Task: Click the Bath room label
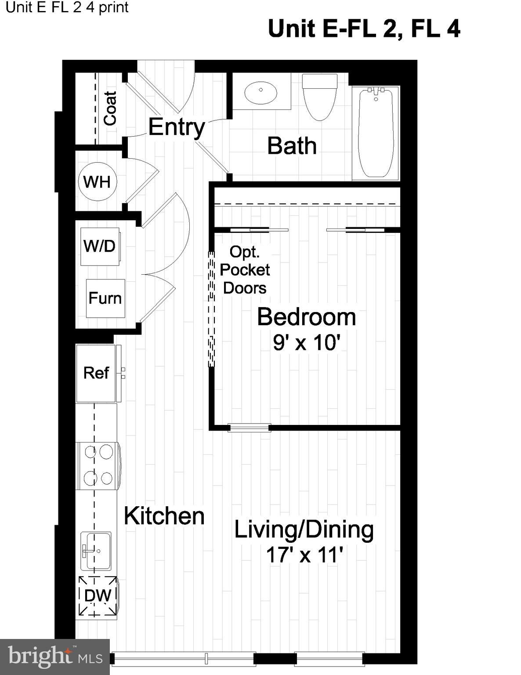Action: coord(292,145)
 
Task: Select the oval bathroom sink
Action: coord(261,92)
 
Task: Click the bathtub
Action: coord(376,133)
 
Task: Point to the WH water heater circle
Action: coord(97,181)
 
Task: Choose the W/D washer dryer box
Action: coord(100,247)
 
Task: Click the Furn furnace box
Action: coord(105,298)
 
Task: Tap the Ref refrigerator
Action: coord(98,373)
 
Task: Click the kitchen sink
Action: coord(96,552)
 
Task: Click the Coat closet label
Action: coord(110,109)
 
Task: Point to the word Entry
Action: coord(177,127)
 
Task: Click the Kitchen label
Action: coord(164,516)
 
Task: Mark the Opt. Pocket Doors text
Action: coord(245,270)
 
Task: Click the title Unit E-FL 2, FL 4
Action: coord(364,29)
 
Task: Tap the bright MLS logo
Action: coord(54,657)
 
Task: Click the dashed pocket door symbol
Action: coord(211,309)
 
